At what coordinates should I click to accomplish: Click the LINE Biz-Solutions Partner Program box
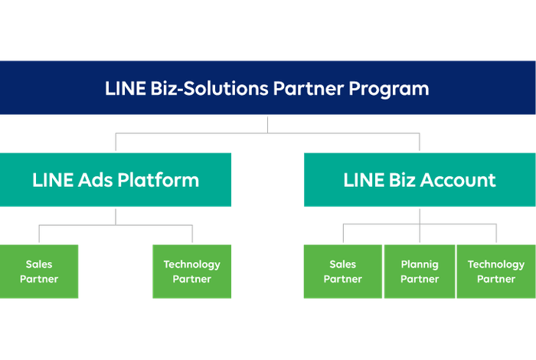[267, 88]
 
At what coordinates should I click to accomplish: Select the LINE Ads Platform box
[116, 180]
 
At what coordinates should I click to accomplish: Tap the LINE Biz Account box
[420, 180]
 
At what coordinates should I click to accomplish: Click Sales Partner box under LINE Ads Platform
[39, 272]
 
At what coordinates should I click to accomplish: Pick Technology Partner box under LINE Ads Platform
[191, 272]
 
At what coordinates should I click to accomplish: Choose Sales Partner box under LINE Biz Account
[342, 272]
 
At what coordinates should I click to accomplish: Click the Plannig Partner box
[420, 272]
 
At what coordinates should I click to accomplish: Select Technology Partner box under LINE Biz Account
[496, 272]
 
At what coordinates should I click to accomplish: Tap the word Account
[457, 181]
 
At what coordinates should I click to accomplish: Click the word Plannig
[420, 265]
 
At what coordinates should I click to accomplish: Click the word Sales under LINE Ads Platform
[39, 265]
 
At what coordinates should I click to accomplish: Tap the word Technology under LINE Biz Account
[496, 265]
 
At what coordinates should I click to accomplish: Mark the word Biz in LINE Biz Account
[397, 181]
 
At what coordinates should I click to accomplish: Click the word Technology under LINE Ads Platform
[191, 265]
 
